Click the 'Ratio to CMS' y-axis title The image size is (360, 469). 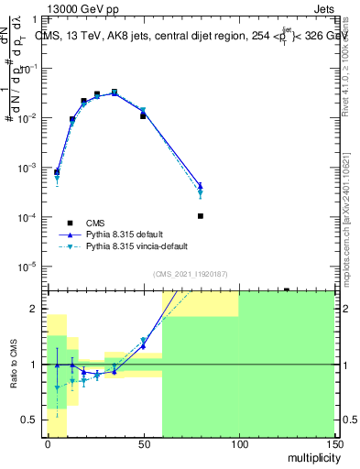click(16, 364)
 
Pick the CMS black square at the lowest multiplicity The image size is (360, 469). click(57, 172)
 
